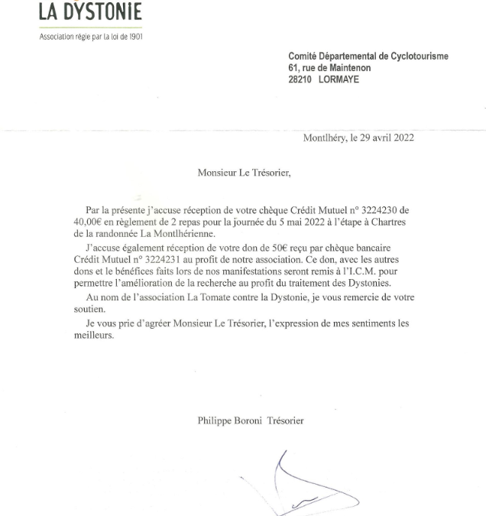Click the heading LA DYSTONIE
[x=90, y=13]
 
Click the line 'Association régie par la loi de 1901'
[x=91, y=36]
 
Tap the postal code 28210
[x=300, y=80]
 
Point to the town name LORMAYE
[x=345, y=80]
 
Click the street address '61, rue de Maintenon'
[x=329, y=68]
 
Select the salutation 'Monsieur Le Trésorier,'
[x=244, y=173]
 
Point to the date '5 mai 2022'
[x=301, y=222]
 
